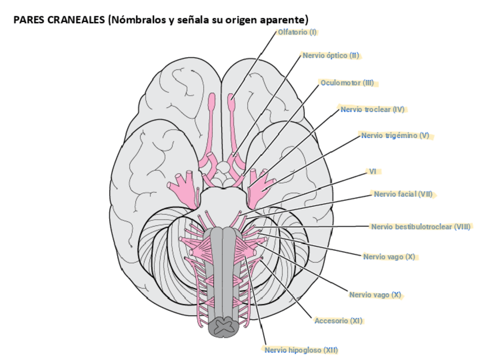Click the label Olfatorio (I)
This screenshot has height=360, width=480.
pyautogui.click(x=297, y=32)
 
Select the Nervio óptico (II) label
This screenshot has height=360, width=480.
pyautogui.click(x=331, y=55)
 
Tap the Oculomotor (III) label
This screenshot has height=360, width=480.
pyautogui.click(x=347, y=83)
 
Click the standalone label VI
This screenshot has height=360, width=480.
pyautogui.click(x=372, y=171)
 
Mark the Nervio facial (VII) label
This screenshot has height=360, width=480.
pyautogui.click(x=403, y=194)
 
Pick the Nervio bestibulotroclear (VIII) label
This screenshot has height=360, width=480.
pyautogui.click(x=421, y=226)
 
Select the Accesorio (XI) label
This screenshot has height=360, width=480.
pyautogui.click(x=338, y=321)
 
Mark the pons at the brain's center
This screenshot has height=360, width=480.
pyautogui.click(x=222, y=201)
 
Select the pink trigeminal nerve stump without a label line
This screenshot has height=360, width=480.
pyautogui.click(x=180, y=187)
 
